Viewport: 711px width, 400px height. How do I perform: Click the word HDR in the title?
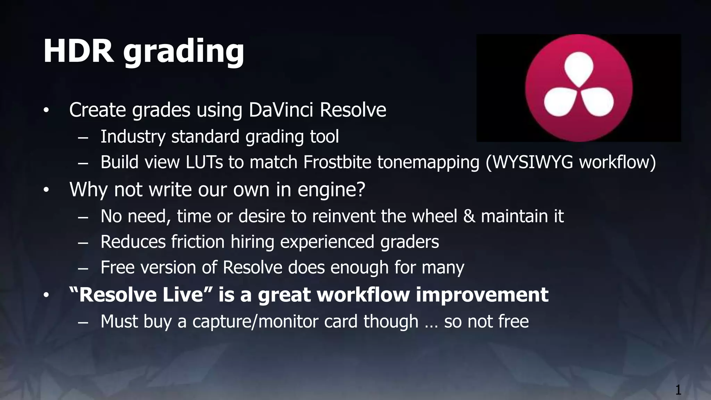(x=78, y=51)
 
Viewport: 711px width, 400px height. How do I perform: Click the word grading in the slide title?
(x=184, y=53)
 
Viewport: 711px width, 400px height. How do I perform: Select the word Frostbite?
(x=337, y=162)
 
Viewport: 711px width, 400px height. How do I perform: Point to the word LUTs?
(x=204, y=162)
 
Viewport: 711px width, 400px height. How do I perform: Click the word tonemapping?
(x=428, y=163)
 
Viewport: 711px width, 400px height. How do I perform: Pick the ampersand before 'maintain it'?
(x=469, y=216)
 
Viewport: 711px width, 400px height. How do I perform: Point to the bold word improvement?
(x=482, y=295)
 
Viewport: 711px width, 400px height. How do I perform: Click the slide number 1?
(x=678, y=390)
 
